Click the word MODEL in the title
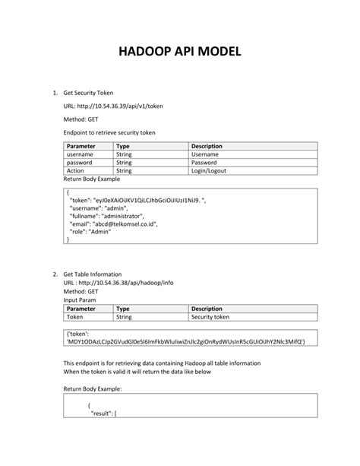click(x=219, y=52)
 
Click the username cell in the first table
click(x=80, y=154)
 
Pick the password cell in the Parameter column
click(x=80, y=162)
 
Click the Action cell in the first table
click(x=76, y=171)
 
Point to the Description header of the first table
click(x=207, y=145)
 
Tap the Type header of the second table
click(x=123, y=309)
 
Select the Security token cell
click(x=210, y=318)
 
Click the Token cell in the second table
click(x=75, y=318)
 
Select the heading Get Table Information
click(x=96, y=274)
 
